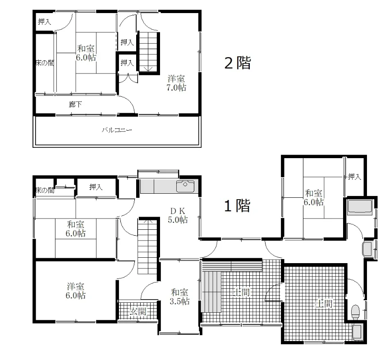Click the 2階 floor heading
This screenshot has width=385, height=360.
pyautogui.click(x=238, y=63)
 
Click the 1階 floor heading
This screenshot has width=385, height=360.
pyautogui.click(x=238, y=205)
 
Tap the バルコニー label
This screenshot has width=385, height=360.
pyautogui.click(x=117, y=130)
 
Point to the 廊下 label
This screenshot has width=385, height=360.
pyautogui.click(x=75, y=105)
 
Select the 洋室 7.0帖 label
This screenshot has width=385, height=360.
pyautogui.click(x=176, y=83)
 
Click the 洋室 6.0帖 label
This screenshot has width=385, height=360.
pyautogui.click(x=75, y=291)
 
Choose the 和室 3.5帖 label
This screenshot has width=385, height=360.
pyautogui.click(x=179, y=296)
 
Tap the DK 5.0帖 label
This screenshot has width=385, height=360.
pyautogui.click(x=178, y=215)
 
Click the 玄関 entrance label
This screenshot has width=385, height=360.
pyautogui.click(x=138, y=311)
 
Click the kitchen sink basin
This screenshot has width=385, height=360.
pyautogui.click(x=185, y=186)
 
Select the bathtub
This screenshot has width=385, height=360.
pyautogui.click(x=360, y=207)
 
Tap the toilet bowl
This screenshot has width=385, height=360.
pyautogui.click(x=355, y=312)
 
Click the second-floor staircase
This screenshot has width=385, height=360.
pyautogui.click(x=148, y=52)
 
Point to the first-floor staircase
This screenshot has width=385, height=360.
pyautogui.click(x=147, y=246)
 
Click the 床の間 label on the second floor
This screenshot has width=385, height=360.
pyautogui.click(x=45, y=63)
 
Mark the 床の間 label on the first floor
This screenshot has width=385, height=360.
pyautogui.click(x=45, y=190)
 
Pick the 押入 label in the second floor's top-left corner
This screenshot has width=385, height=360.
pyautogui.click(x=45, y=22)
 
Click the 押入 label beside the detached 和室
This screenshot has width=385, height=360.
pyautogui.click(x=354, y=177)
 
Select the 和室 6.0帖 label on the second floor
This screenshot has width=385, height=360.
pyautogui.click(x=86, y=53)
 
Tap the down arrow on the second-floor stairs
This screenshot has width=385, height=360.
pyautogui.click(x=148, y=68)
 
